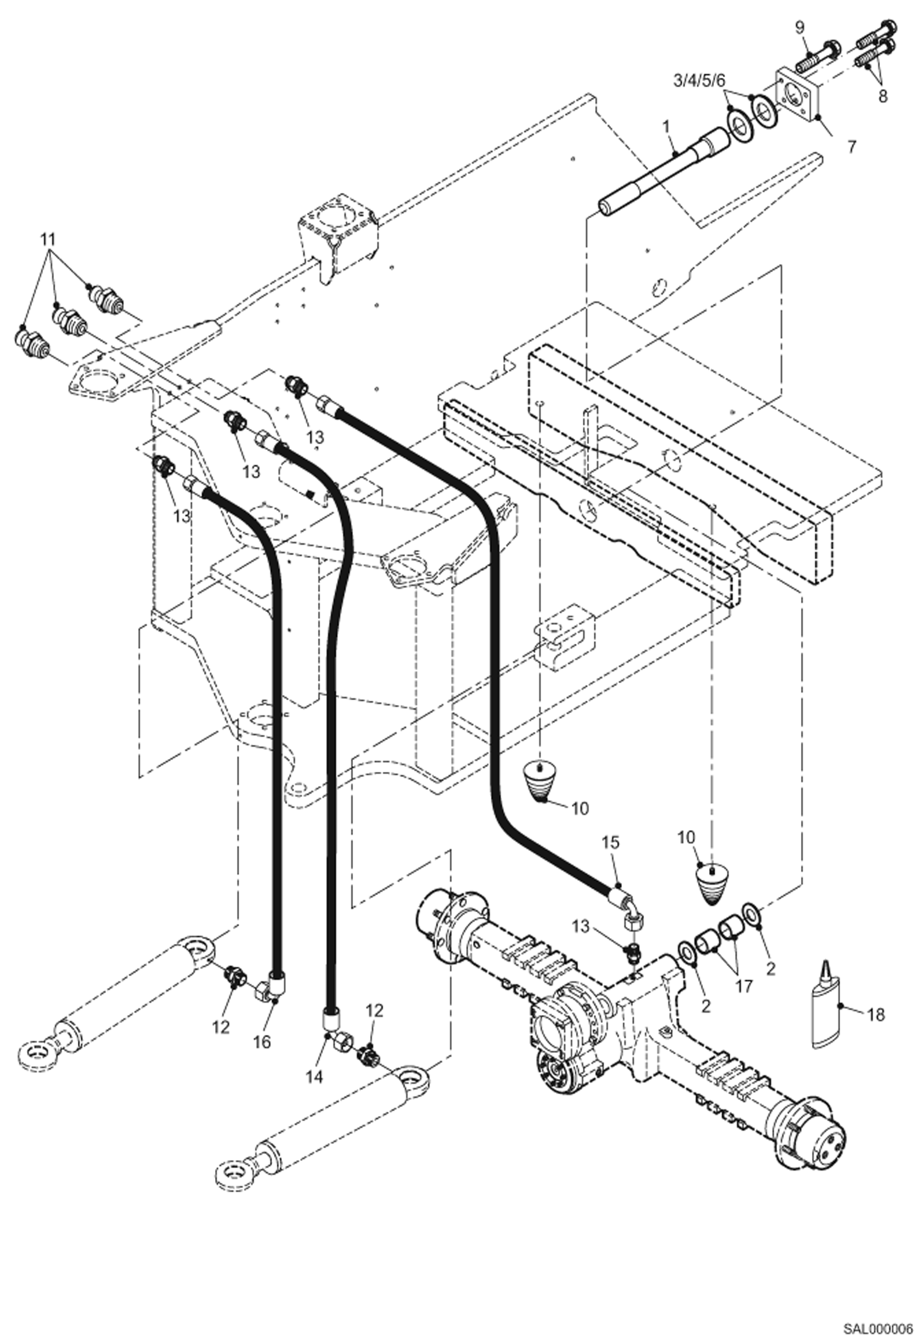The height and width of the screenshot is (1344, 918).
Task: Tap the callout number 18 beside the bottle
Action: pos(876,1014)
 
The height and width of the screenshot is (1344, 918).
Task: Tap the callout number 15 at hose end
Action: pos(610,842)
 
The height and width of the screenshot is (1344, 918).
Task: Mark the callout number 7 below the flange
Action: pos(851,146)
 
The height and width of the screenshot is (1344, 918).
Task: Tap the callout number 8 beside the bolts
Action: pos(882,96)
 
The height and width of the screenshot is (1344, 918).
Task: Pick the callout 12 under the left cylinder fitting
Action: pos(221,1027)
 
